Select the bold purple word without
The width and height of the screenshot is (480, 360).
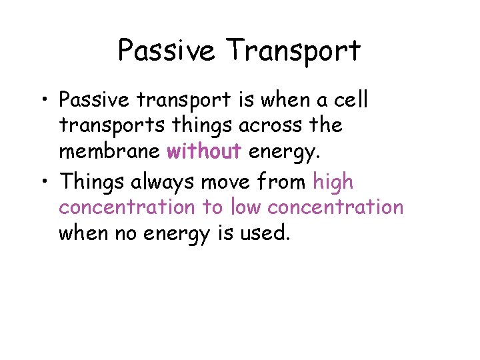click(x=204, y=152)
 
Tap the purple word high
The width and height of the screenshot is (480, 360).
click(x=333, y=182)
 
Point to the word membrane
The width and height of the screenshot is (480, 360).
click(x=109, y=152)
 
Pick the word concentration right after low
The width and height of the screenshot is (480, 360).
click(x=335, y=207)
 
